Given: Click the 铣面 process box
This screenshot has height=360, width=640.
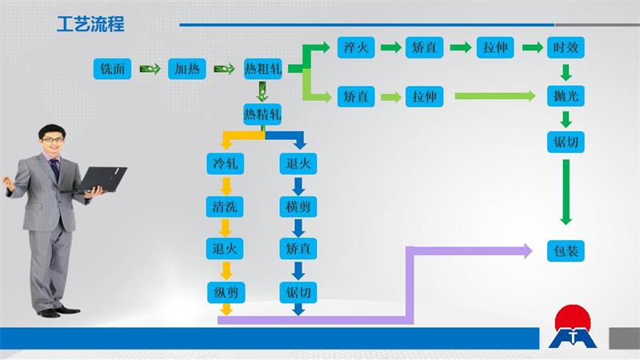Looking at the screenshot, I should pos(112,70).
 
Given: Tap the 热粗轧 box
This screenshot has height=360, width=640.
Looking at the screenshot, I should pos(262,70).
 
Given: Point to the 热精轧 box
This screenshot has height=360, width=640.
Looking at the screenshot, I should pos(262,114).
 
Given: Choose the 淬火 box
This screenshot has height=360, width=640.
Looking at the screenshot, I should pos(354,47).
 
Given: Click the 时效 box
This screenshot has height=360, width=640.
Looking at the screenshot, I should pos(566,47).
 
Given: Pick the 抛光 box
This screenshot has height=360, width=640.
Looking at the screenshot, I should pos(566,97).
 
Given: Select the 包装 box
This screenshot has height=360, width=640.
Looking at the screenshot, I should pos(566,250).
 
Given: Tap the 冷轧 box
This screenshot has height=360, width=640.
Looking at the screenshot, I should pos(226,164).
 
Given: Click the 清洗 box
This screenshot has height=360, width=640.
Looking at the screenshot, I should pos(226,207).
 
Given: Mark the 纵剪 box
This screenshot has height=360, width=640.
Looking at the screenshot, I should pos(226,292).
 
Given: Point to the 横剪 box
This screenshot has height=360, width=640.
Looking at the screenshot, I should pos(298,207).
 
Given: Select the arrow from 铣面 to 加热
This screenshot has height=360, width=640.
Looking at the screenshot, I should pos(150,70).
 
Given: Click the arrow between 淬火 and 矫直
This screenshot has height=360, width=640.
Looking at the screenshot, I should pos(390,47).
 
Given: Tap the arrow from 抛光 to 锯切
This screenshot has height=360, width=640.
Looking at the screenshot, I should pos(566,120).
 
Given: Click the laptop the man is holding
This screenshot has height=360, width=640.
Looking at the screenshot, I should pos(102,178).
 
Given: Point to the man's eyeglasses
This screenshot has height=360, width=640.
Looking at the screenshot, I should pos(53,139).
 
